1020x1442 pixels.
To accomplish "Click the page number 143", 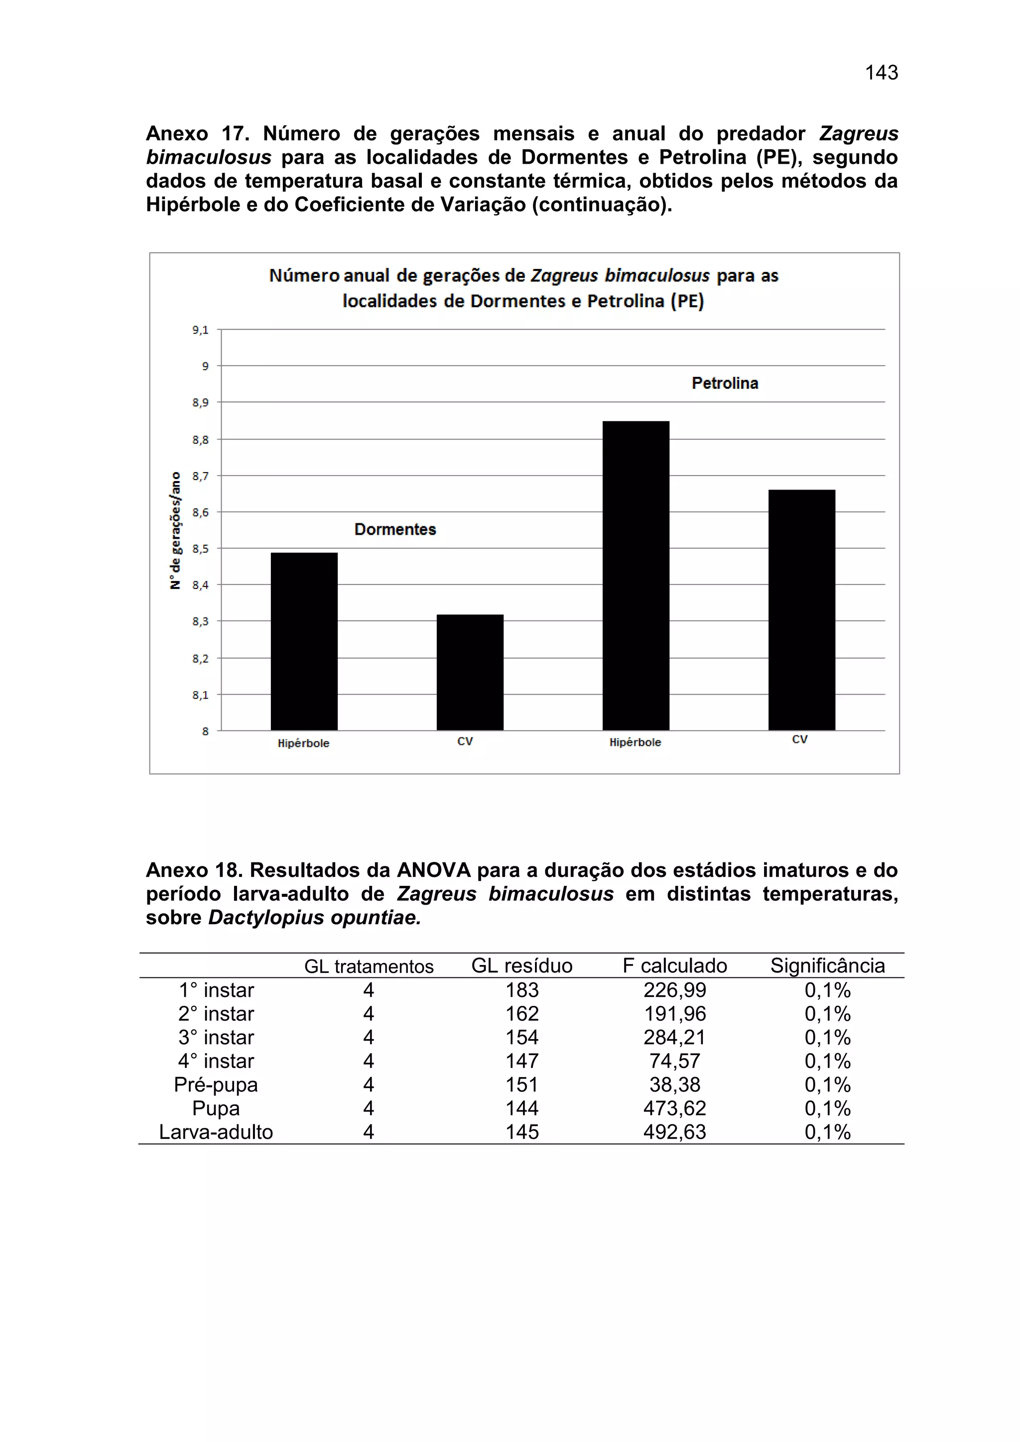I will coord(881,73).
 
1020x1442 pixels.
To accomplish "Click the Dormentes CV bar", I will coord(470,672).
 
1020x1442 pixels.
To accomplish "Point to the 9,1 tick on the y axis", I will coord(200,330).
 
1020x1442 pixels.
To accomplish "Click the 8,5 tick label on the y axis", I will coord(200,549).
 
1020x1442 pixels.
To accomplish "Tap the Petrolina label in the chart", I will coord(725,383).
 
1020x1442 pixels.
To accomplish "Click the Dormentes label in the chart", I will coord(395,529).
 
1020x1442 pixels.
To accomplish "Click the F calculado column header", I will coord(674,966).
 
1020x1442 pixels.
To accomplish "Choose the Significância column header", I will coord(827,966).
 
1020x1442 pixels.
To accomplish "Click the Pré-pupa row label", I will coord(216,1084).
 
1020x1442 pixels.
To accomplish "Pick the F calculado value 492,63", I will coord(674,1132).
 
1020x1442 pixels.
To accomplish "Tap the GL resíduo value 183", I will coord(522,990).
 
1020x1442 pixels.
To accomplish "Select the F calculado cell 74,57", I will coord(674,1062).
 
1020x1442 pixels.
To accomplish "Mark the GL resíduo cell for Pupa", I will coord(522,1108).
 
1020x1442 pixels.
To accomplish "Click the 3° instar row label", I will coord(216,1038).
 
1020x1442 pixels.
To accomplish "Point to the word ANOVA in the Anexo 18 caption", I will coord(433,870).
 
